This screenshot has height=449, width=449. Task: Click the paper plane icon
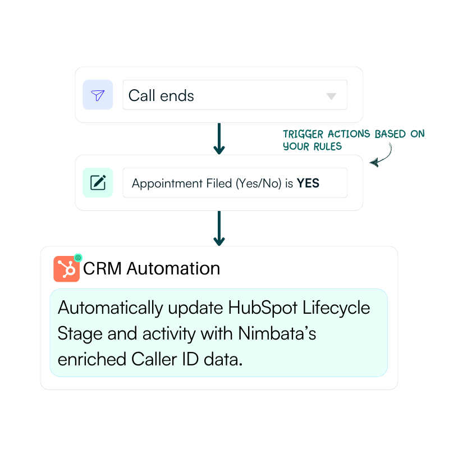(x=98, y=95)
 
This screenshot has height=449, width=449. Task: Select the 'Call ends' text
(x=161, y=95)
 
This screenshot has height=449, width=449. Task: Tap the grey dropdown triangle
(x=331, y=96)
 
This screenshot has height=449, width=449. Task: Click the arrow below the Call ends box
(x=219, y=139)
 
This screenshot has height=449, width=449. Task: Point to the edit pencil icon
(x=98, y=182)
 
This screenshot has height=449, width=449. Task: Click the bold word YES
(x=308, y=184)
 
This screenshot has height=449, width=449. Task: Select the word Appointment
(x=167, y=184)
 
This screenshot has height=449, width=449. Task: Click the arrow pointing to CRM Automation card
(x=219, y=228)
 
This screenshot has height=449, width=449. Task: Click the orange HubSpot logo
(x=66, y=269)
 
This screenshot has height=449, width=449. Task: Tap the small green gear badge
(x=78, y=258)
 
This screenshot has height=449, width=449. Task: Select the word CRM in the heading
(x=102, y=269)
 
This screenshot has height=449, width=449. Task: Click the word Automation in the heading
(x=173, y=269)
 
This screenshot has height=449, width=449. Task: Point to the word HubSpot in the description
(x=263, y=308)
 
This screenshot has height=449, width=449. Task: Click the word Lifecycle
(x=336, y=308)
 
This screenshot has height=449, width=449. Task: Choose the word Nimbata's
(x=277, y=333)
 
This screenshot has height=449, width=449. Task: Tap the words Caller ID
(x=165, y=359)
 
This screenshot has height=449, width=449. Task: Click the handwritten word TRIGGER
(x=303, y=134)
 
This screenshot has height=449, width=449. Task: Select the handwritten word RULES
(x=328, y=146)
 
